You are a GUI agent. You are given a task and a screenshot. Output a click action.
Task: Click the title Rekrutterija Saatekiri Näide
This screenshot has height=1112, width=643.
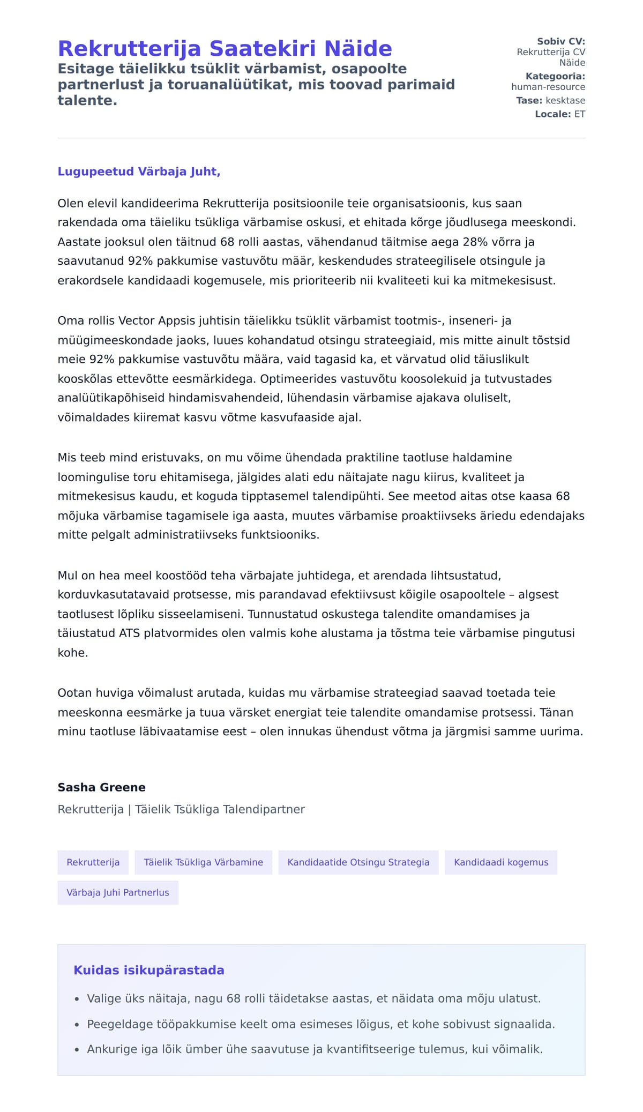coord(225,48)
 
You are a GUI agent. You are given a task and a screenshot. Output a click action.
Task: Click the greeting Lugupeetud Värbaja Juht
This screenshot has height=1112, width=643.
coord(139,171)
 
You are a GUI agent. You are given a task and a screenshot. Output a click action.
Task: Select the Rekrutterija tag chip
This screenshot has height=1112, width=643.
coord(93,862)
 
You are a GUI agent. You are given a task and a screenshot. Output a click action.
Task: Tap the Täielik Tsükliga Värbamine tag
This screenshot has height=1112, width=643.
coord(203,862)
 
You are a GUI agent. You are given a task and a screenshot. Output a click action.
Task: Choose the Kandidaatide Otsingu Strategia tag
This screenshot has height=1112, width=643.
coord(358,862)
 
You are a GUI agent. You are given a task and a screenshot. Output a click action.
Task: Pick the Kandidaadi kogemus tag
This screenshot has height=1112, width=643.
coord(501,862)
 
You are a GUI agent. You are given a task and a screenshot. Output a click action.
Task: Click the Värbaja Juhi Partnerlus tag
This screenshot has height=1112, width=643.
coord(117,892)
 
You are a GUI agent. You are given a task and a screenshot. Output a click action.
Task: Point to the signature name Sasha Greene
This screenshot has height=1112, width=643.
coord(101,787)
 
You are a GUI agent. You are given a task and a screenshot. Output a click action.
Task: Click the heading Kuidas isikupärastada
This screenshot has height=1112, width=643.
coord(148,970)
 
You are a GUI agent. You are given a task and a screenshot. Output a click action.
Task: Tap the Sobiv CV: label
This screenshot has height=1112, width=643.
coord(561,41)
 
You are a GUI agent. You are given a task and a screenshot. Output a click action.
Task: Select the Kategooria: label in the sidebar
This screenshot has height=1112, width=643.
coord(555,76)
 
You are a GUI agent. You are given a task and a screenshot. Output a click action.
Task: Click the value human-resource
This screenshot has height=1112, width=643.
coord(548,87)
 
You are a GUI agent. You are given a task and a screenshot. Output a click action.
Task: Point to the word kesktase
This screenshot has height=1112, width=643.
coord(565,100)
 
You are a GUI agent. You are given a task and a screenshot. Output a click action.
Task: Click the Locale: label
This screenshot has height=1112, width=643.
coord(553,114)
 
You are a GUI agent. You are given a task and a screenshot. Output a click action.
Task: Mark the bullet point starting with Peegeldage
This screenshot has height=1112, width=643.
coord(320,1024)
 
